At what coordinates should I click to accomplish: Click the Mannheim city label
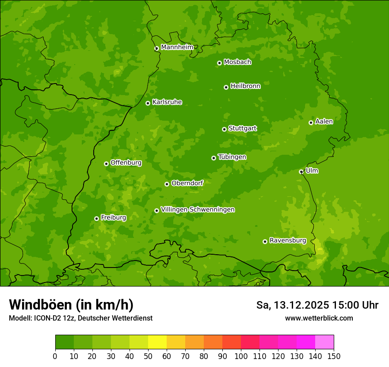point(177,47)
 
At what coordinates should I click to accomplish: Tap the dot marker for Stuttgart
point(224,129)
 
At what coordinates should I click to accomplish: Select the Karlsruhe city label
point(167,102)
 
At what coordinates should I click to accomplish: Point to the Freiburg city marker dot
point(96,218)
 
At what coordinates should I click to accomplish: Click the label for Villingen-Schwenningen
point(198,210)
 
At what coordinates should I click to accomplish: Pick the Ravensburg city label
point(288,241)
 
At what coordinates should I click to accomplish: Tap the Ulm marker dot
point(301,172)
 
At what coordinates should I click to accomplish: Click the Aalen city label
point(324,122)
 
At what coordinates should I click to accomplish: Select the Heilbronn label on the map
point(245,86)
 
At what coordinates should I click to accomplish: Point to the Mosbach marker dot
point(219,63)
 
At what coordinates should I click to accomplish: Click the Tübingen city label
point(232,157)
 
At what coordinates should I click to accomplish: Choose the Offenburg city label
point(126,163)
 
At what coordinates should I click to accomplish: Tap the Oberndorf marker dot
point(167,184)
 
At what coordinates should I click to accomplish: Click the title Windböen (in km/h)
point(71,305)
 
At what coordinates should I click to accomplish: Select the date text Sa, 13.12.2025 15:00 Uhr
point(317,305)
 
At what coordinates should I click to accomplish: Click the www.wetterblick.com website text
point(319,318)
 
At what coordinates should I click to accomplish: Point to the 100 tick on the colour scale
point(241,356)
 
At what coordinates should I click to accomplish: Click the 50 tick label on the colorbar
point(148,356)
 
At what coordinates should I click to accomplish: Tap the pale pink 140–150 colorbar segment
point(324,342)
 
